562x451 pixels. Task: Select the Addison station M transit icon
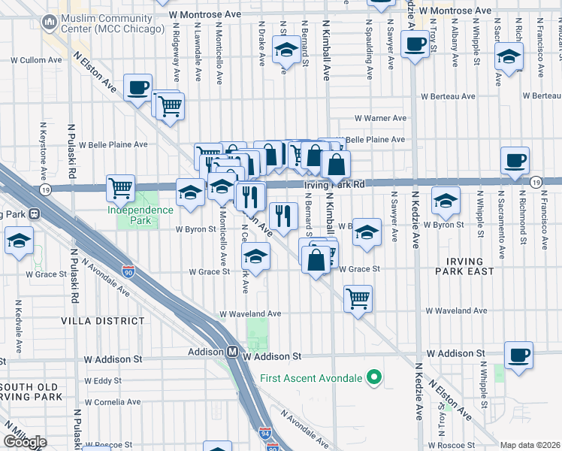tap(233, 352)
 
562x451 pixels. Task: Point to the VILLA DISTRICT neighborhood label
tap(104, 320)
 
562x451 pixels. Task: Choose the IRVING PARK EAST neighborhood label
tap(465, 266)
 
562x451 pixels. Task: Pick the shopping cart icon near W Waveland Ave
tap(358, 298)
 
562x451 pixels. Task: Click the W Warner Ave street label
tap(380, 118)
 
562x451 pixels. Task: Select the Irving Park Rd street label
tap(334, 183)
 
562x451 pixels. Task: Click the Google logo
tap(24, 442)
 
